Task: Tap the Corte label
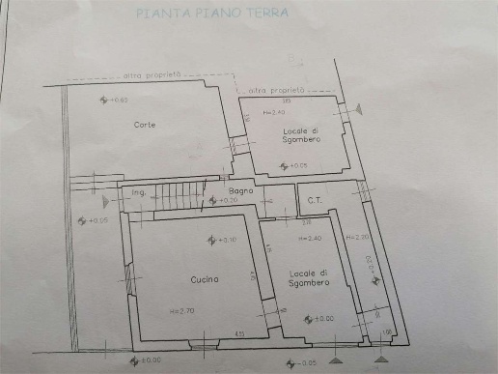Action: (x=145, y=125)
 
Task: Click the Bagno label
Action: (x=241, y=190)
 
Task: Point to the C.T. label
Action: (x=314, y=200)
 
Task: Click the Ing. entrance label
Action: (x=138, y=193)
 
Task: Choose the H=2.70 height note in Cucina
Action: (x=182, y=310)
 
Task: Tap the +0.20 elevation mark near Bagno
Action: (x=227, y=200)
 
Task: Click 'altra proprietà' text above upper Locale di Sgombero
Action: (x=276, y=89)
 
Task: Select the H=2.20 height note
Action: (x=356, y=237)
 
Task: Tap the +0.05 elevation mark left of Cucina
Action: (x=93, y=221)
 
